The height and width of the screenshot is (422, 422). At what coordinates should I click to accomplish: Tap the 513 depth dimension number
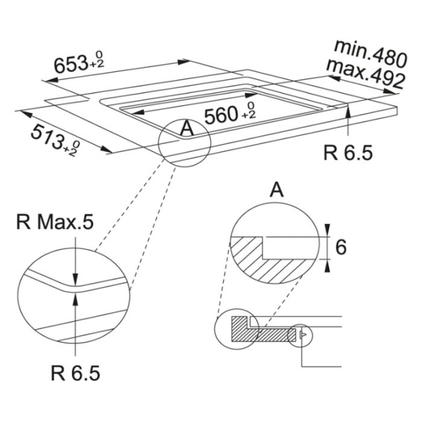coord(48,134)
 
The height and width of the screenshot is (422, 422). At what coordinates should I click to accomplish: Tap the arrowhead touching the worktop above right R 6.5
coord(350,112)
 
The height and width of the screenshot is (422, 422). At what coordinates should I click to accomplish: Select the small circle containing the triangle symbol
coord(301,335)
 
